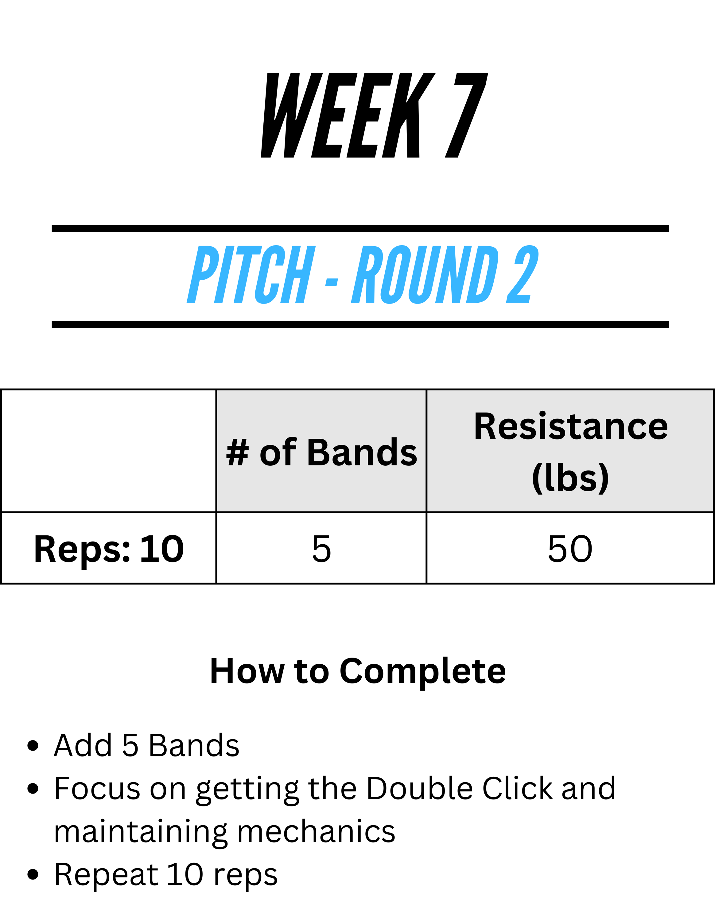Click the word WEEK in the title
tap(348, 115)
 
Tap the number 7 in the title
tap(467, 115)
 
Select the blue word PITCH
tap(251, 274)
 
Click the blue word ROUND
tap(425, 274)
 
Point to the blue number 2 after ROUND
tap(522, 274)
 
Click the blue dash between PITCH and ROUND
tap(332, 282)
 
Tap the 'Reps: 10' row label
tap(109, 549)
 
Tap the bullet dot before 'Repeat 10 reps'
tap(33, 875)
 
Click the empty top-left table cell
tap(108, 451)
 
